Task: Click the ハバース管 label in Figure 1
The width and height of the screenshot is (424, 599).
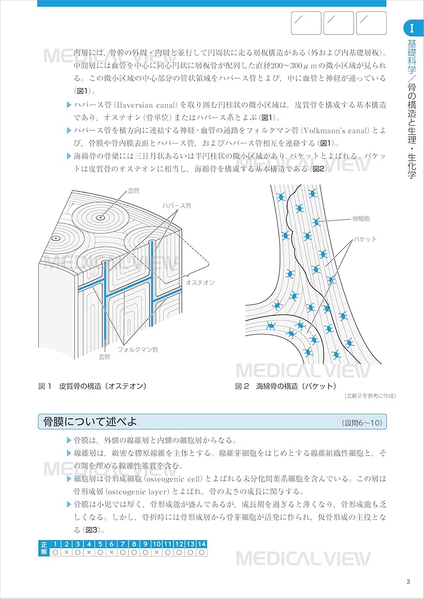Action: click(177, 205)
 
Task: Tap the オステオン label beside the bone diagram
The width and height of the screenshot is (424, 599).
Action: click(200, 282)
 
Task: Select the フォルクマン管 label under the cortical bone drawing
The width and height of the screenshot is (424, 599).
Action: click(138, 349)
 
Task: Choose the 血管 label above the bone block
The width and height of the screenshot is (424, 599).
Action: click(134, 190)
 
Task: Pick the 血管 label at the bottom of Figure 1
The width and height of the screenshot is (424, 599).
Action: click(104, 356)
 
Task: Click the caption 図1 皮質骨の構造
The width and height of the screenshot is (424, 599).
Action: click(92, 386)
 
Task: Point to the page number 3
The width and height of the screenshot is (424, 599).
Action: click(408, 581)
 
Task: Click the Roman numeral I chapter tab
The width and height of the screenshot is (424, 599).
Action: click(412, 28)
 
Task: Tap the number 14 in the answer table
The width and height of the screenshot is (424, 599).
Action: click(202, 544)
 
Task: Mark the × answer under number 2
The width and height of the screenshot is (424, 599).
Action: click(66, 552)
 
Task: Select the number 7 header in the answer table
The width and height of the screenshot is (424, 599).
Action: click(123, 544)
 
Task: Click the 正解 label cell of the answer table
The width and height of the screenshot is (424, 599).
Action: click(43, 547)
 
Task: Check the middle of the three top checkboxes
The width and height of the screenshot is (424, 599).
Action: click(338, 23)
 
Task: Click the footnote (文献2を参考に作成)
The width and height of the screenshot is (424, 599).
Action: click(370, 396)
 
